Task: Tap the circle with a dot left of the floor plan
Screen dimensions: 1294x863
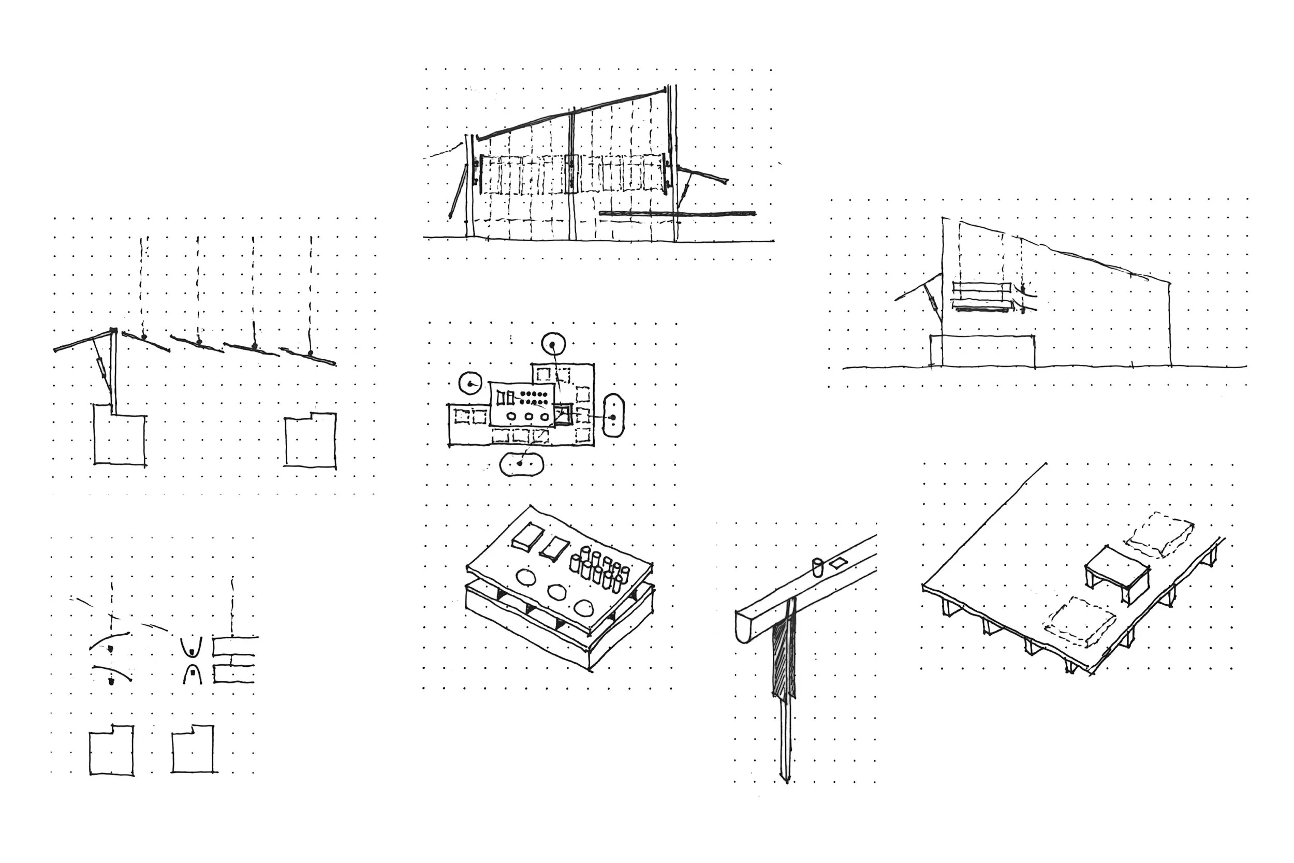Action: pyautogui.click(x=470, y=383)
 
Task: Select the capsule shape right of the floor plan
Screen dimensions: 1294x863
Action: pyautogui.click(x=613, y=416)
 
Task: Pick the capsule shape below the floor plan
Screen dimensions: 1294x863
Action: pyautogui.click(x=521, y=463)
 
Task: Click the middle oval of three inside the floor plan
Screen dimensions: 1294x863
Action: pyautogui.click(x=528, y=416)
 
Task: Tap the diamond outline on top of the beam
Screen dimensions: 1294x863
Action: pyautogui.click(x=839, y=563)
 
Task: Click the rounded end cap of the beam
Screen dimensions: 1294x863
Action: pyautogui.click(x=742, y=628)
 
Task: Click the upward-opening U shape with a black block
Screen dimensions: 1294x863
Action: pyautogui.click(x=192, y=648)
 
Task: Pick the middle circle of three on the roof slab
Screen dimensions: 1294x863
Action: pyautogui.click(x=557, y=592)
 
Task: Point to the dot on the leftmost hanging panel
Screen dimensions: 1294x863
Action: pyautogui.click(x=143, y=337)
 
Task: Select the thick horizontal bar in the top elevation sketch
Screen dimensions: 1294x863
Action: pyautogui.click(x=677, y=213)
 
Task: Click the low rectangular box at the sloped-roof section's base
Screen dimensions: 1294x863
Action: pyautogui.click(x=982, y=350)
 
